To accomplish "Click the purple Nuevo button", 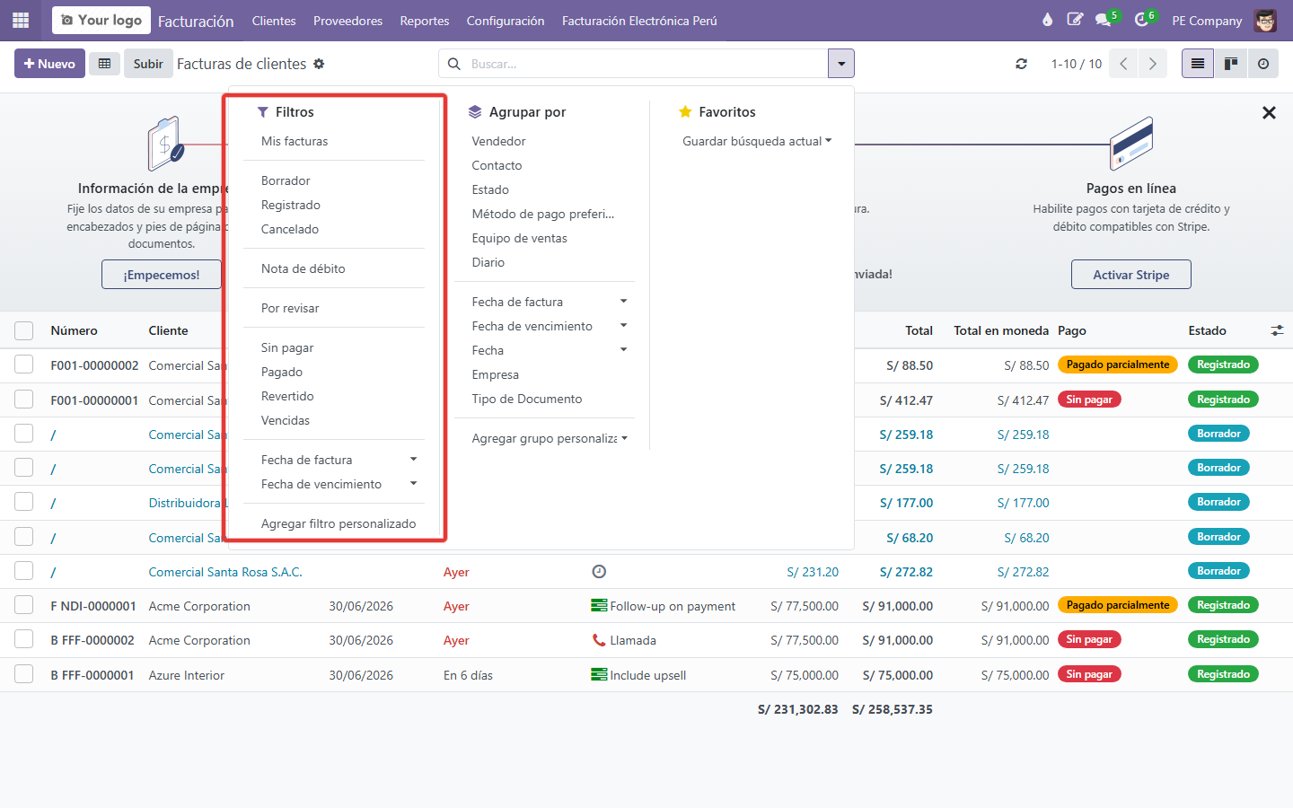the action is pos(49,64).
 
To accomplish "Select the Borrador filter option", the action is pos(286,180).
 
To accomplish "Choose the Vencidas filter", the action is pos(286,420).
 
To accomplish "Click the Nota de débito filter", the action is pos(303,268).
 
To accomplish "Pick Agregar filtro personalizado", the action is pos(339,523).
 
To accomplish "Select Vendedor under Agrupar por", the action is pos(498,141).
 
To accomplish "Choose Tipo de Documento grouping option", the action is pos(527,399).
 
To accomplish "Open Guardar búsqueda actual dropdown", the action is pos(757,141).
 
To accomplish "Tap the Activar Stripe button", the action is pos(1130,274).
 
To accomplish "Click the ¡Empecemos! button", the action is pos(161,274).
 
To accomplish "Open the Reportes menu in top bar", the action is pos(424,21).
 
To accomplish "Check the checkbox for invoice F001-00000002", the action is pos(23,364).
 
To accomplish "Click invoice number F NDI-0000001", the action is pos(93,606).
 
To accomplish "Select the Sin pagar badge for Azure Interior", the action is pos(1089,674).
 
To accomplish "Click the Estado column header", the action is pos(1207,330).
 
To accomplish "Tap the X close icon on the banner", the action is pos(1269,112).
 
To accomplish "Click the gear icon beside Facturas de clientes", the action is pos(319,64).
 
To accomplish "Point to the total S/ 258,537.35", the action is pos(893,709).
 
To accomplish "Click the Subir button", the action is pos(148,64).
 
